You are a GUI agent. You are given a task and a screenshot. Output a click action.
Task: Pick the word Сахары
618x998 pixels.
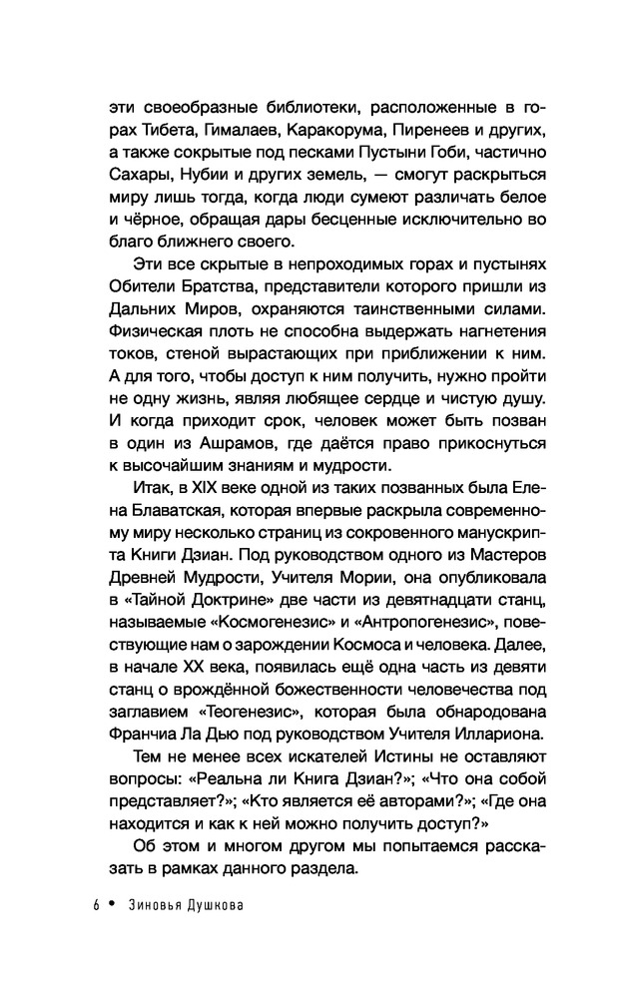tap(121, 182)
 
